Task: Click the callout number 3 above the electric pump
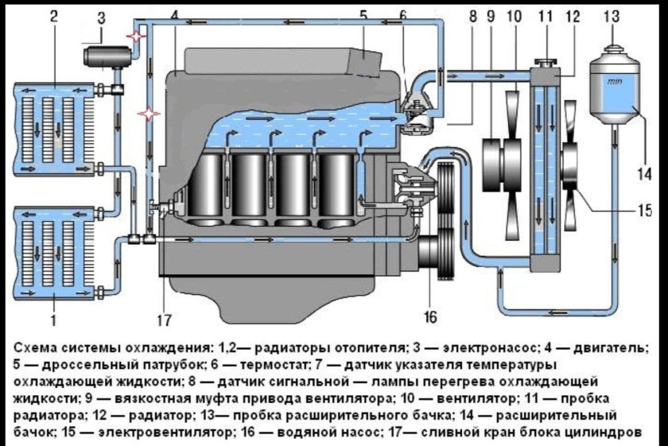pos(100,17)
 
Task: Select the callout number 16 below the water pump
pos(430,317)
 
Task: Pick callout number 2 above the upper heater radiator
pos(52,15)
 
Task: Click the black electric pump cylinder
pos(105,58)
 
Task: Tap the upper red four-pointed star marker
pos(138,37)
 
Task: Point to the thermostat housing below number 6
pos(416,107)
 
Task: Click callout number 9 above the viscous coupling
pos(490,15)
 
